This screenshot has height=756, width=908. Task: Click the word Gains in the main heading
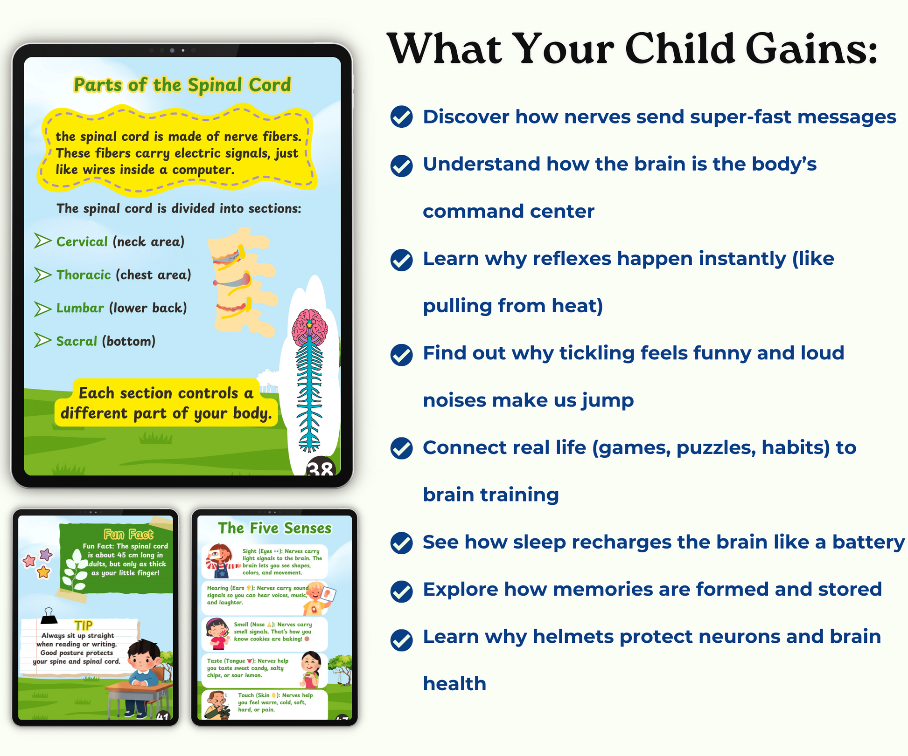[812, 49]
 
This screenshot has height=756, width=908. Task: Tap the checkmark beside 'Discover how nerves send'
[401, 117]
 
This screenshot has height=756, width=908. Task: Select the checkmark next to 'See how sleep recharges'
[401, 543]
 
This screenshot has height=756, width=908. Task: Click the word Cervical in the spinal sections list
[82, 241]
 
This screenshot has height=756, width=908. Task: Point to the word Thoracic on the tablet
[84, 275]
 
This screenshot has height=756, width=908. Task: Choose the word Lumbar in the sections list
[80, 308]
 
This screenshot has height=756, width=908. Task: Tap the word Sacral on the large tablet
[77, 341]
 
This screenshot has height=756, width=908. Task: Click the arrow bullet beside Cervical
[42, 241]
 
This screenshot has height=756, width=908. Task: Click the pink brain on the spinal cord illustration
[309, 327]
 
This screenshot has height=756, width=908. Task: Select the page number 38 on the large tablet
[321, 467]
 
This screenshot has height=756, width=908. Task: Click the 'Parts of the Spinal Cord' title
[182, 85]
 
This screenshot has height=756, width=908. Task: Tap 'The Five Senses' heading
[274, 528]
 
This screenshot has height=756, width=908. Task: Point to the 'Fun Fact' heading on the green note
[128, 534]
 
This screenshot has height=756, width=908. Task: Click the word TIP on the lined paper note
[84, 625]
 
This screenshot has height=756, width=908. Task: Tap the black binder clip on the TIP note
[49, 616]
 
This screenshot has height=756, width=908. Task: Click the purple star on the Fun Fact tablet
[46, 555]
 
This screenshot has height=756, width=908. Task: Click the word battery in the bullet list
[869, 543]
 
